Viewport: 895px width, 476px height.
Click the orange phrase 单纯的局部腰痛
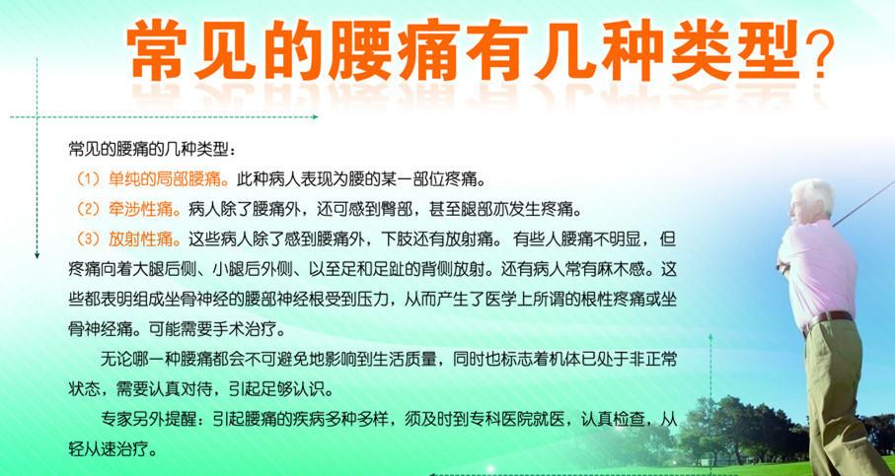click(165, 180)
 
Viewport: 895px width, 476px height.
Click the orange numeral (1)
click(89, 180)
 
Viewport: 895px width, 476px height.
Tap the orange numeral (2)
click(89, 211)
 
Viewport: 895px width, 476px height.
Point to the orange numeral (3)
click(89, 239)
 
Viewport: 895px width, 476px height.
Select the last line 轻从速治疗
click(112, 449)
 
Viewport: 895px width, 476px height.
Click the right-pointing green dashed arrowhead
click(314, 117)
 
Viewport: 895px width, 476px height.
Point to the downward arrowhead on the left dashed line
click(37, 255)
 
